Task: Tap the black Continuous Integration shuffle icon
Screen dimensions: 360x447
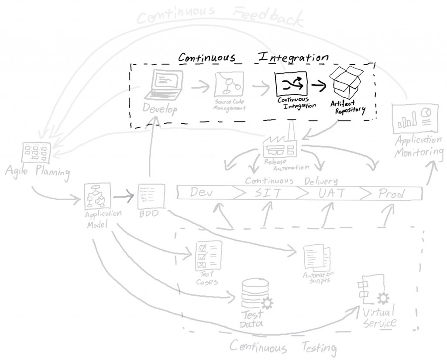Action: click(x=291, y=83)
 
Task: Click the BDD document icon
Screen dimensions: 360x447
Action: click(x=151, y=195)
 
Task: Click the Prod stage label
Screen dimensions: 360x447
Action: click(x=391, y=194)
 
